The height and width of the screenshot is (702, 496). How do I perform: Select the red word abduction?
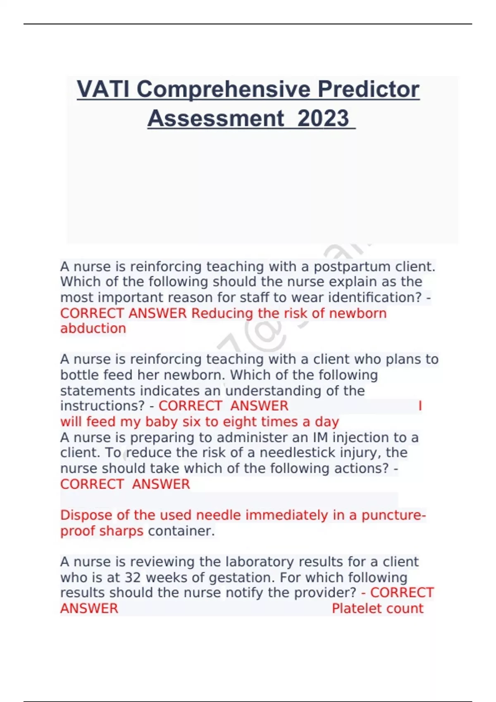(x=93, y=329)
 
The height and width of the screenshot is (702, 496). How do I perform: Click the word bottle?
(x=80, y=375)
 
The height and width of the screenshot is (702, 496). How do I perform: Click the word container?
(x=181, y=531)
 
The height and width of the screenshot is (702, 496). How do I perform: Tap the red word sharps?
(x=123, y=531)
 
